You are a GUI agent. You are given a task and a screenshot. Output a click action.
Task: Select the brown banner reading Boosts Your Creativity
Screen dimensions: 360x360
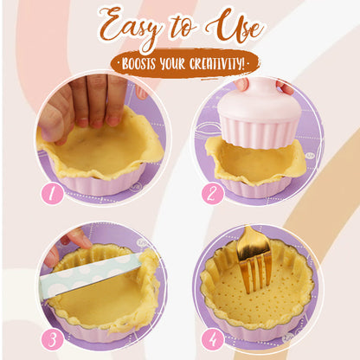coord(179,62)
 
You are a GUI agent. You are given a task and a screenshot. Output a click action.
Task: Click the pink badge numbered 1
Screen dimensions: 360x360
coord(53,194)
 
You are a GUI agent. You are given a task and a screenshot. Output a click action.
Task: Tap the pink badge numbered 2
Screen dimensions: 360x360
coord(213,194)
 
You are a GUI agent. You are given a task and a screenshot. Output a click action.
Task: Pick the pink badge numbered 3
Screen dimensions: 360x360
coord(53,339)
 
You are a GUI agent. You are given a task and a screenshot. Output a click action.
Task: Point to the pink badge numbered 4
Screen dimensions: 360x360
coord(213,339)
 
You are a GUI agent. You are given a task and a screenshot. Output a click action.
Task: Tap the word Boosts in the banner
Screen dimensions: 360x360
coord(138,62)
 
